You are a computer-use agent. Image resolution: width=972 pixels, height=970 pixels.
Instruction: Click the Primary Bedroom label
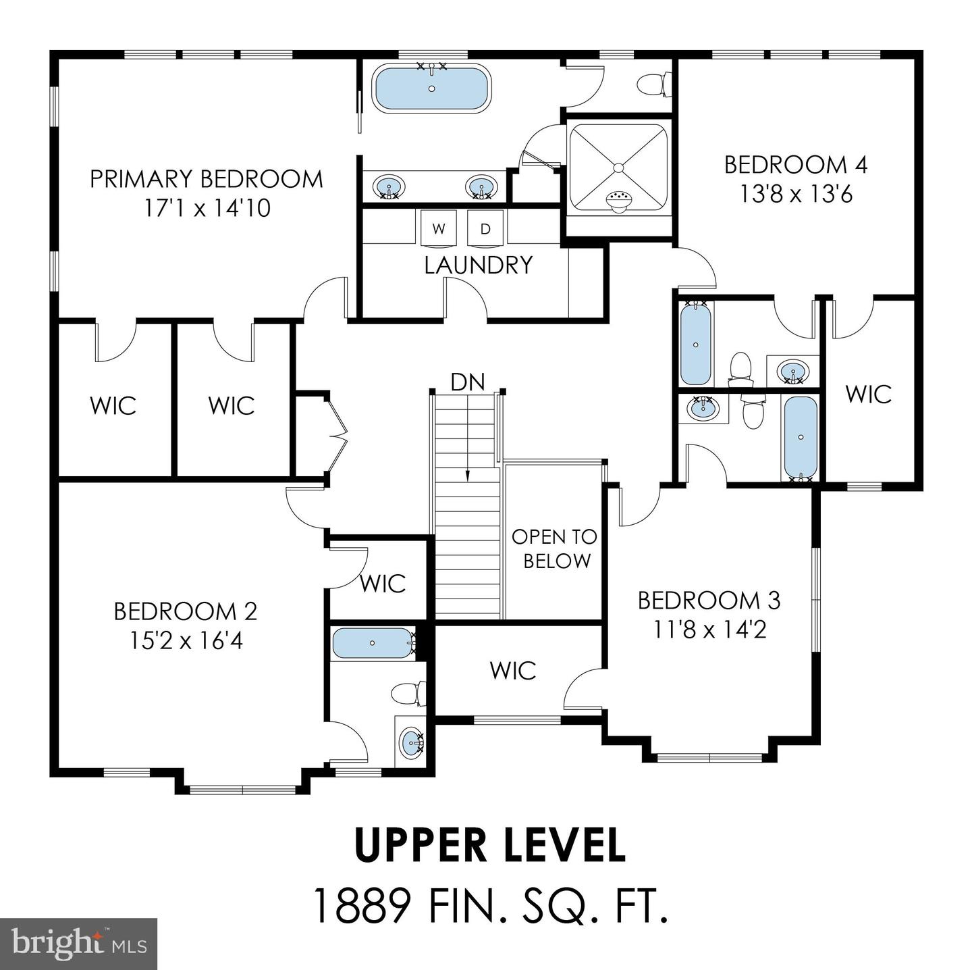pos(206,179)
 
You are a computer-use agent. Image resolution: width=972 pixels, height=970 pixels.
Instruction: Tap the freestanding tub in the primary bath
pos(432,88)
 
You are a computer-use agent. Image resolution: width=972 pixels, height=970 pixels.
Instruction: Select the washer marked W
pos(439,228)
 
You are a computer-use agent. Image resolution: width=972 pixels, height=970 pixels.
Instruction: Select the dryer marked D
pos(485,228)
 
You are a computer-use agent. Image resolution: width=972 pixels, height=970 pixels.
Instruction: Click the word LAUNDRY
pos(479,265)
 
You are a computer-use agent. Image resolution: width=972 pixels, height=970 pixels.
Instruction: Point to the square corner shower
pos(618,167)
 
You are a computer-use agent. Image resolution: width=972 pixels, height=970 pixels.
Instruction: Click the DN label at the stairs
pos(468,382)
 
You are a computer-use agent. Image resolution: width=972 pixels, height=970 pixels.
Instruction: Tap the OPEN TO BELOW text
pos(554,548)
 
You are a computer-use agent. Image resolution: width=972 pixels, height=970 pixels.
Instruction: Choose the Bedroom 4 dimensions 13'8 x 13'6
pos(796,195)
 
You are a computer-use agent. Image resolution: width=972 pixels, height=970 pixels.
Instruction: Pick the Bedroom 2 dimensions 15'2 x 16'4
pos(186,640)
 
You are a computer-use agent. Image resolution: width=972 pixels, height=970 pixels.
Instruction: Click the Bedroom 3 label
pos(709,600)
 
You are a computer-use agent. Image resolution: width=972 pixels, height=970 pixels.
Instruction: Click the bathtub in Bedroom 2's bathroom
pos(373,643)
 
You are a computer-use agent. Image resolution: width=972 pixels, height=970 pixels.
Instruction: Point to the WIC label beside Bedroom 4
pos(869,394)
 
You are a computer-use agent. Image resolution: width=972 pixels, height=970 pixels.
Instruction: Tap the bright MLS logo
pos(78,944)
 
